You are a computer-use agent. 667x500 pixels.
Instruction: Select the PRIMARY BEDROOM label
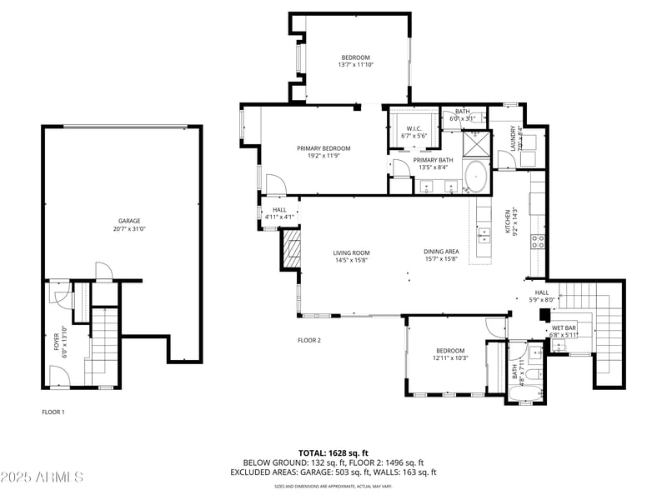pos(323,148)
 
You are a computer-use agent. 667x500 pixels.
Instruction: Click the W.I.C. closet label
pos(410,128)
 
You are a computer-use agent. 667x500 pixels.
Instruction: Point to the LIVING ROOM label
pos(351,252)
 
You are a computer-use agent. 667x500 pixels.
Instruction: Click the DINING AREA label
pos(441,252)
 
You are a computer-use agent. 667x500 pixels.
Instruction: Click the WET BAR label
pos(564,328)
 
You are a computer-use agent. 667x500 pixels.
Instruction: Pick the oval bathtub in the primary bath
pos(476,176)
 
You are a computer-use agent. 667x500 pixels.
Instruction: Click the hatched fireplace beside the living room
pos(292,248)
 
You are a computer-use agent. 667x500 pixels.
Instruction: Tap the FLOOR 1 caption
pos(53,412)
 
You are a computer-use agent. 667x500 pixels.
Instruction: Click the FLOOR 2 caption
pos(309,340)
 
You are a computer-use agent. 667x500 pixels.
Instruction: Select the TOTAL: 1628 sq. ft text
pos(333,452)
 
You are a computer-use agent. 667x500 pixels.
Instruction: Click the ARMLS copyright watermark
pos(42,477)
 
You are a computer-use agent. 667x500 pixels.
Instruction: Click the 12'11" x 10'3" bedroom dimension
pos(450,357)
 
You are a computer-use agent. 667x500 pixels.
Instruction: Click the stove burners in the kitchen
pos(539,242)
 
